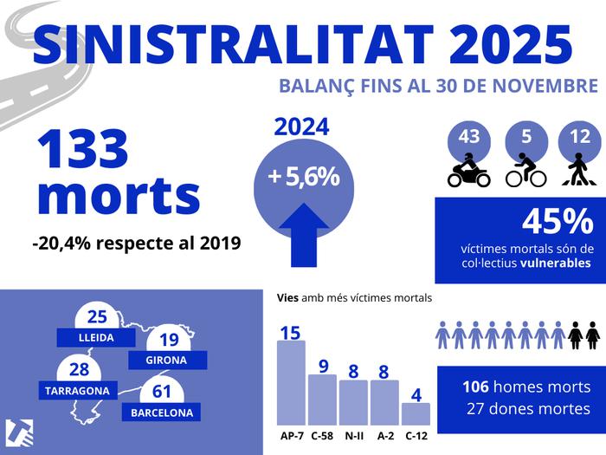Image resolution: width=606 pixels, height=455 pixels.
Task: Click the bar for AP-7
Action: [291, 382]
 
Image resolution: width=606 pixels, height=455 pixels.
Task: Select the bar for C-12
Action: [416, 413]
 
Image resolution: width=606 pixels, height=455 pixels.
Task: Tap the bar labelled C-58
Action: [322, 400]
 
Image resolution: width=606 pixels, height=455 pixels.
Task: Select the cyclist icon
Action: [525, 171]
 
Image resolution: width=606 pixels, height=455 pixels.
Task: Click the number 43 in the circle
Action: [468, 137]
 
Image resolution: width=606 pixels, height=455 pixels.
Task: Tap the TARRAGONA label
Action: [78, 390]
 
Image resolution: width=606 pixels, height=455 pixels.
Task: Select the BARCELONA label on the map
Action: [162, 413]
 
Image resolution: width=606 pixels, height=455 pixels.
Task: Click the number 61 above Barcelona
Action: [162, 392]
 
